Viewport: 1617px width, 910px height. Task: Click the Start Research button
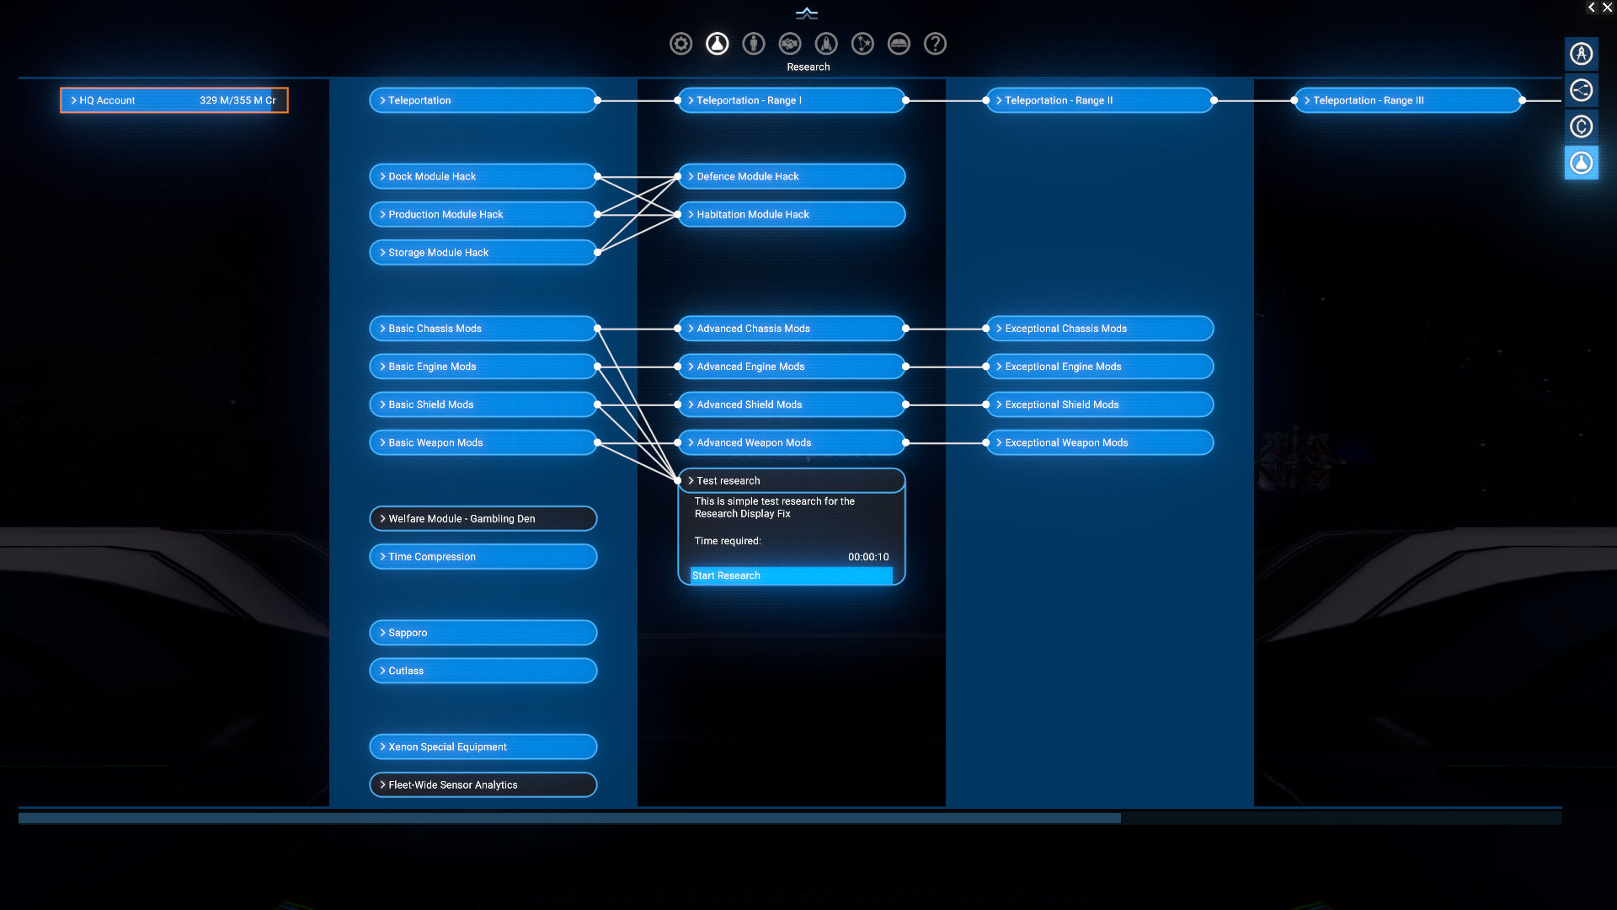(790, 575)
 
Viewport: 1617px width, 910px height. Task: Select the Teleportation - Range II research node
(1099, 100)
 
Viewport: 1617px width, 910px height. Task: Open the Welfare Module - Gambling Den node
(483, 518)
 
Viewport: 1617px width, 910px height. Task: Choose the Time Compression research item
(483, 556)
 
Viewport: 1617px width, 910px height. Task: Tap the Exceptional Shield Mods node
(1099, 404)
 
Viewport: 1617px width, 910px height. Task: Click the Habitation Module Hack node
(791, 214)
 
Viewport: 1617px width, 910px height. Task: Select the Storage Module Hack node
(483, 252)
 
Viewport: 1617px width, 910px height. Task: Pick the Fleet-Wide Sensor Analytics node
(483, 784)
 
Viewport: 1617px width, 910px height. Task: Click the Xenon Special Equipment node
(483, 747)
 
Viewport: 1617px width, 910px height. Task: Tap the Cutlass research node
(483, 671)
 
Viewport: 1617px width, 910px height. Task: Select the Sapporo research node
(483, 633)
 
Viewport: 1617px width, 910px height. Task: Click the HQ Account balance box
(173, 100)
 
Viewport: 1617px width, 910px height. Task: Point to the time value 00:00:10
(868, 557)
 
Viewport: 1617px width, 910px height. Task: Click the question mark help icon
(935, 44)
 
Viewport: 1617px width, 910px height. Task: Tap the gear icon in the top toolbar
(680, 44)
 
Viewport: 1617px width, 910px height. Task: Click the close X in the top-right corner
(1607, 8)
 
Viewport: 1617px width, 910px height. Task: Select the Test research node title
(791, 480)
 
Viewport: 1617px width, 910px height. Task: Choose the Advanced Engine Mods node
(791, 367)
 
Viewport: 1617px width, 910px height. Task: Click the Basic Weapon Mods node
(483, 442)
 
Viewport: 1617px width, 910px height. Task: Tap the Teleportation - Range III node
(1407, 100)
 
